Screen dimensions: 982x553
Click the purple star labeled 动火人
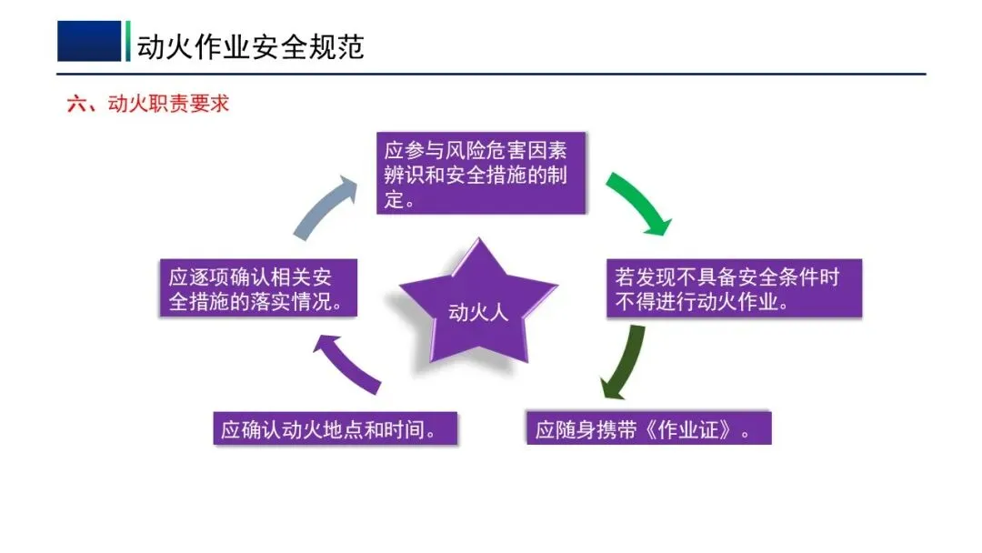click(x=477, y=306)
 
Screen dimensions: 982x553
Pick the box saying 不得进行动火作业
click(x=733, y=288)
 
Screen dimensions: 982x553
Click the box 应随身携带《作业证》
click(x=648, y=428)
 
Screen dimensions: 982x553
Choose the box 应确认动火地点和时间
click(x=335, y=428)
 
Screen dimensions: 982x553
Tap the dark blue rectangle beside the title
click(x=88, y=41)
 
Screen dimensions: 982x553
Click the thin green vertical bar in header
click(x=128, y=41)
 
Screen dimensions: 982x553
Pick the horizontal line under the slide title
click(x=491, y=74)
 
